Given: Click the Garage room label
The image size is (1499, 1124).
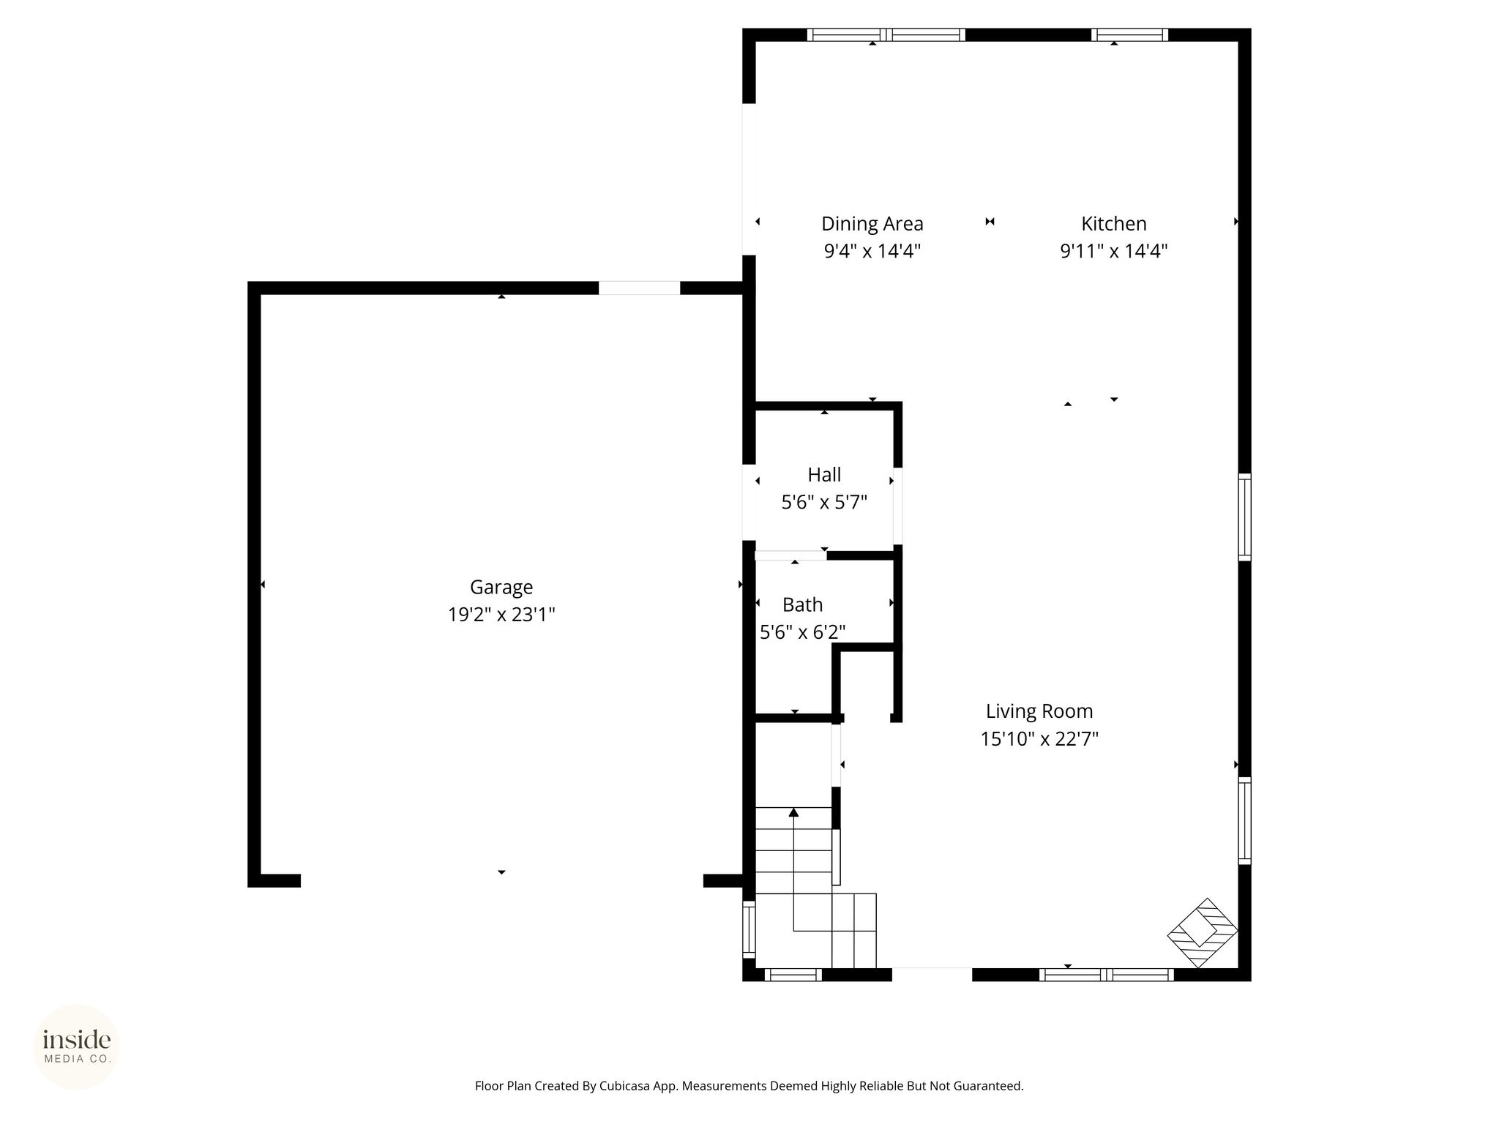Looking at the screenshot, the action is tap(501, 588).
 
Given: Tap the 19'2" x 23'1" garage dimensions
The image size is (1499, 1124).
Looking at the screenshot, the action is tap(501, 615).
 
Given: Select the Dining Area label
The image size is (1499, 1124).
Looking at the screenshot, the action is tap(872, 224).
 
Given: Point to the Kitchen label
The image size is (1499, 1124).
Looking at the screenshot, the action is tap(1114, 223).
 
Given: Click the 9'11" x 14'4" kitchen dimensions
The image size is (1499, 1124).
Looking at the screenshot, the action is tap(1114, 251).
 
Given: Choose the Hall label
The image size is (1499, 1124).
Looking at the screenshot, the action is tap(824, 475).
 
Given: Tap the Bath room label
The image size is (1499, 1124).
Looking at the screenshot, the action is tap(803, 605).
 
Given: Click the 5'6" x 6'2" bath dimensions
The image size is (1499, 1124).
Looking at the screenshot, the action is tap(803, 632).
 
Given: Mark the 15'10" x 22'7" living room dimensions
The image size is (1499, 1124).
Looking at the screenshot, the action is tap(1039, 739).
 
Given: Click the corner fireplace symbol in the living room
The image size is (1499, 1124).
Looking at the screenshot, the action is tap(1203, 933).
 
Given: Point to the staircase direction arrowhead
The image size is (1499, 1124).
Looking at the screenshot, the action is tap(793, 812).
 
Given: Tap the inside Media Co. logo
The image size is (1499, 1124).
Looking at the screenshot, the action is tap(77, 1046).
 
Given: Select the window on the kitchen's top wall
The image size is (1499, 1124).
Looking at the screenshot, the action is tap(1129, 34).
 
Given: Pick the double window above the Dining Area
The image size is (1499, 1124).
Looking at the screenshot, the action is tap(886, 34).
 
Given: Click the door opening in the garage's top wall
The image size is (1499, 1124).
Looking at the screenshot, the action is tap(640, 288).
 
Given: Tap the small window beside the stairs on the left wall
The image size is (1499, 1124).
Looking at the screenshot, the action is tap(749, 929).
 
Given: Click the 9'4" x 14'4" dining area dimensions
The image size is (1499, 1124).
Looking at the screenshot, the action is tap(872, 251).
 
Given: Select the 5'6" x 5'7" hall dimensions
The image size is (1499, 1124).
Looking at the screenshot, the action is tap(824, 502).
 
